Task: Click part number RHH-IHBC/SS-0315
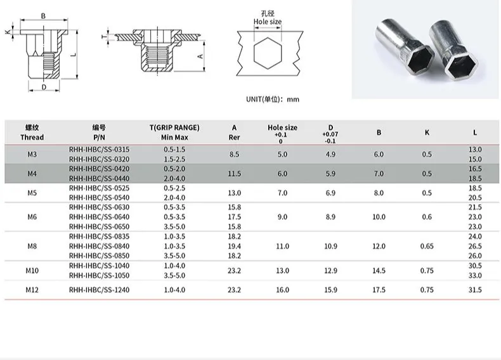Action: tap(99, 150)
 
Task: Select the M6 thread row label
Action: tap(32, 217)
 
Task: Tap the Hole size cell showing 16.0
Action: tap(282, 290)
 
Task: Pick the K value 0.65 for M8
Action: tap(427, 247)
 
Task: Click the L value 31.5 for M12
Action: tap(475, 290)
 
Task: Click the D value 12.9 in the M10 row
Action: tap(330, 271)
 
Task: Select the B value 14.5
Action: tap(379, 271)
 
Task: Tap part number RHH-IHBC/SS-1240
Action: tap(99, 290)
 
